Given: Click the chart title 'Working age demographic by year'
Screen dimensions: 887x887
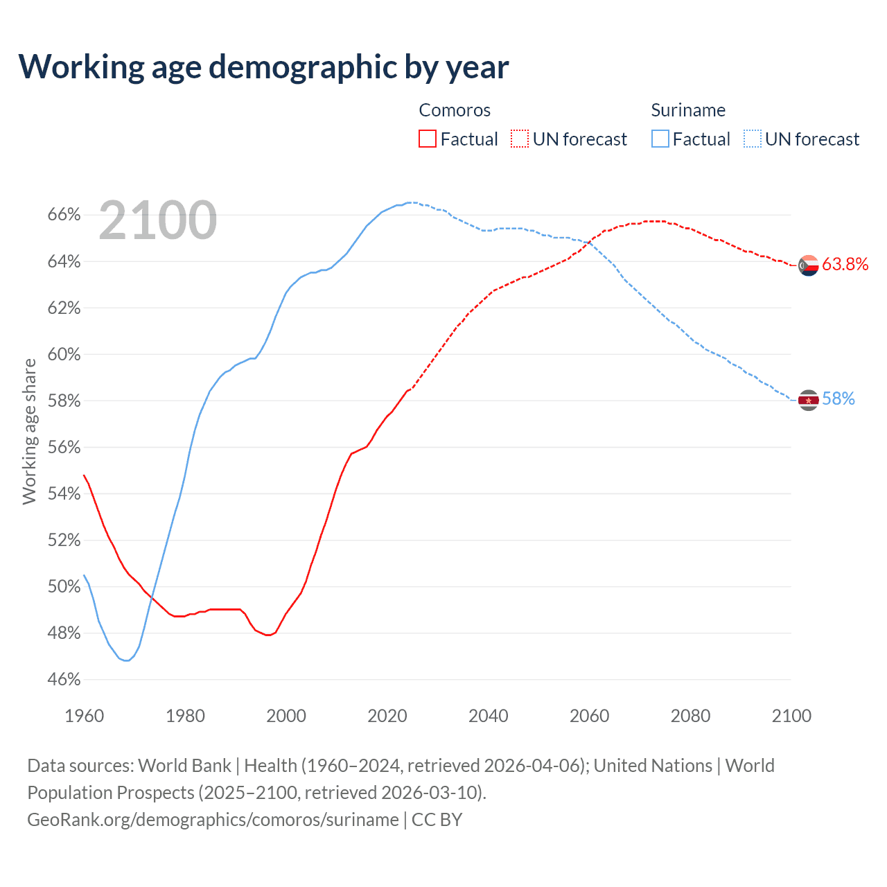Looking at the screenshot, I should [263, 67].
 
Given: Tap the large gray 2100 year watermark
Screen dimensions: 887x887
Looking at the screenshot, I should [158, 220].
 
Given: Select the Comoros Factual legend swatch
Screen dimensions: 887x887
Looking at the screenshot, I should [428, 139].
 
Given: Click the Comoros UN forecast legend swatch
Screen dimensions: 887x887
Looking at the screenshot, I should [520, 139].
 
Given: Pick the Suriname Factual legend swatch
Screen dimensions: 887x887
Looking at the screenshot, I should [660, 139].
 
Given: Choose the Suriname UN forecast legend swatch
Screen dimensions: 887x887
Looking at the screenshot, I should [753, 139].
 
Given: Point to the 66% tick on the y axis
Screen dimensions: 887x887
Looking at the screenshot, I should [64, 215].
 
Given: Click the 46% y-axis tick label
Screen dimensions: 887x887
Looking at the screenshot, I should [64, 680].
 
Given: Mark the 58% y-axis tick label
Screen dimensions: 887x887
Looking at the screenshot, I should [64, 401].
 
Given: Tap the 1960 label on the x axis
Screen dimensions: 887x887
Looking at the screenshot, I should [85, 716].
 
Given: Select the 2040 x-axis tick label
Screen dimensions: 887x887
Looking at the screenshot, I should [489, 716].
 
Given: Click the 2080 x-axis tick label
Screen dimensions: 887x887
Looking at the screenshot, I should [690, 716].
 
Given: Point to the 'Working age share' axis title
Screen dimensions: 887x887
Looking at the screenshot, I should [29, 431].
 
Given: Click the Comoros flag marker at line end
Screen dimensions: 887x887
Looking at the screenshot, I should [809, 265].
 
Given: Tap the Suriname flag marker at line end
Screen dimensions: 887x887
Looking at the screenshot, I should [809, 401].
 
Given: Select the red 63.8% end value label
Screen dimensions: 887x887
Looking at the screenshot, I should [845, 264].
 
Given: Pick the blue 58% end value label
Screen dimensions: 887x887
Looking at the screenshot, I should [838, 399].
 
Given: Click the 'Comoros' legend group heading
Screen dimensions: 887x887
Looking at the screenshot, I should [455, 110].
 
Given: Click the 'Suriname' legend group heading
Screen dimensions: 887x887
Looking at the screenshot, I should [688, 110].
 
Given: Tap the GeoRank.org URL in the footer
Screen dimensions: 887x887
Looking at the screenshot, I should [213, 820].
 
